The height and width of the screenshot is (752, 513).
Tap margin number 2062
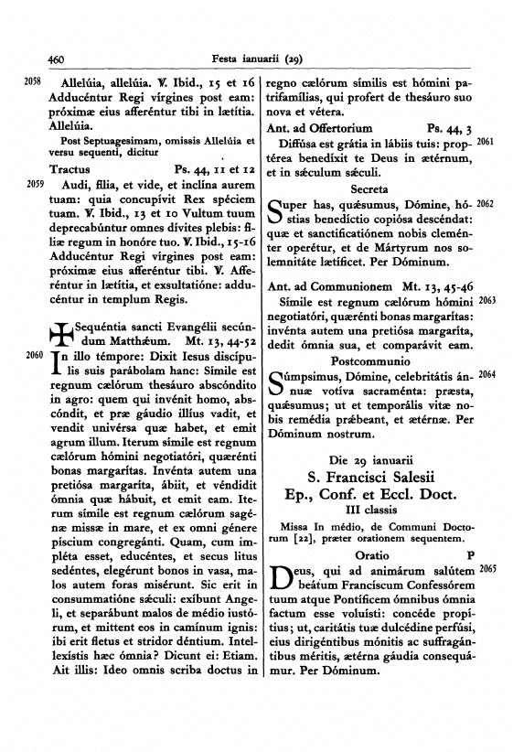[486, 203]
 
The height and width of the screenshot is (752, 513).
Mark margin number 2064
[486, 375]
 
